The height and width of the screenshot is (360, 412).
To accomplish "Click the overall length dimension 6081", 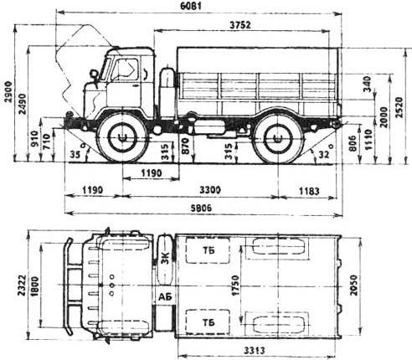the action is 191,6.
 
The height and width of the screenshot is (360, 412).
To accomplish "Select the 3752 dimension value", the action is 240,25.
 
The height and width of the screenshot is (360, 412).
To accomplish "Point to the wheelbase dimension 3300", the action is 210,190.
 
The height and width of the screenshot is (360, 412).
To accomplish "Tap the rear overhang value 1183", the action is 309,192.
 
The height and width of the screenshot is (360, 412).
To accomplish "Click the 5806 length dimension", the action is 200,208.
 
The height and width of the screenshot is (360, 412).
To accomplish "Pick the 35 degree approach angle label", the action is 75,154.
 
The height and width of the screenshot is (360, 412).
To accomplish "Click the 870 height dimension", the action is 185,147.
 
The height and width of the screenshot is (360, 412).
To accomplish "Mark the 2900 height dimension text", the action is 8,92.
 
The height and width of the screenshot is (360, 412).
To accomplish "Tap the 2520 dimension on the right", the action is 399,107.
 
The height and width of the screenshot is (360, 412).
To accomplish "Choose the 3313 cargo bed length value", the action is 255,350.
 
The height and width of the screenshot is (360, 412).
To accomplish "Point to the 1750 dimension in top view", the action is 235,285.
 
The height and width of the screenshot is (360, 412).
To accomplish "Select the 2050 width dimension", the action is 354,285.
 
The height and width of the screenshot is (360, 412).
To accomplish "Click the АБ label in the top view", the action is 165,297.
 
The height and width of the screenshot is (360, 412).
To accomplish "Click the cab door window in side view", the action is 125,69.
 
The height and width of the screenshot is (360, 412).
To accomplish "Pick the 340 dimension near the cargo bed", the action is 368,84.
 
